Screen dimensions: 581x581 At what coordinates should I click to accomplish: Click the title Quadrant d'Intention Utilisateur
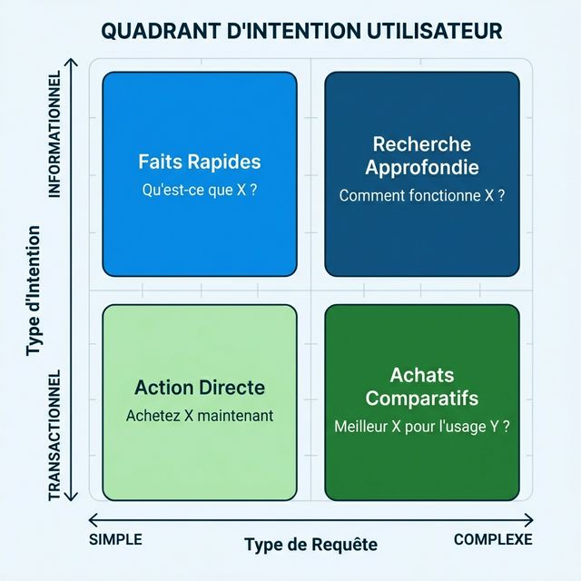pos(301,31)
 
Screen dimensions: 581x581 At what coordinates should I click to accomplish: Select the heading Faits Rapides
pos(200,162)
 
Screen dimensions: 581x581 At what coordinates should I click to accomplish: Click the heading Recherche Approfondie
pos(421,155)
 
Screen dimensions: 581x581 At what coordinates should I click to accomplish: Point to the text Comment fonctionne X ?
pos(421,195)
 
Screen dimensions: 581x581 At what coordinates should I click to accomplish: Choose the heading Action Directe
pos(200,388)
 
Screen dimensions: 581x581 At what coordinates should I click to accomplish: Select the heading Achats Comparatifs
pos(421,387)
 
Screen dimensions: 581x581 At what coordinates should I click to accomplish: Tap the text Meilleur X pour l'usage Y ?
pos(421,424)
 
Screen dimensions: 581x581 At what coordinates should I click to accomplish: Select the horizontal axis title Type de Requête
pos(310,545)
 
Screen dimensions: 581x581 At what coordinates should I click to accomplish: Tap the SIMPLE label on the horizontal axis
pos(115,539)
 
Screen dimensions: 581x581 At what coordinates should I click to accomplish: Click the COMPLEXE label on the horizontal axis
pos(493,539)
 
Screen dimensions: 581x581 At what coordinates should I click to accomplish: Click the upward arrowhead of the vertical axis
pos(75,61)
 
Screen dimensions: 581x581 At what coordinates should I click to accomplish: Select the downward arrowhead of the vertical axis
pos(75,497)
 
